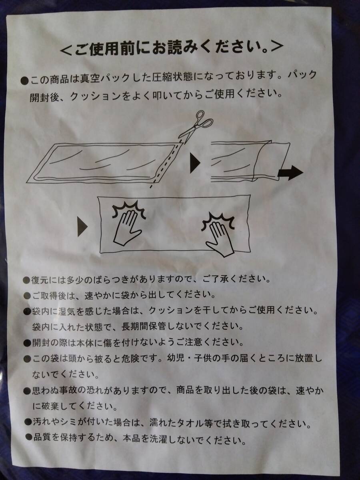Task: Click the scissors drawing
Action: [196, 127]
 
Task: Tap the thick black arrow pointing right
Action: [290, 172]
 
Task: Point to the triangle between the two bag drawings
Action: [195, 163]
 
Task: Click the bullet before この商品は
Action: [25, 81]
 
